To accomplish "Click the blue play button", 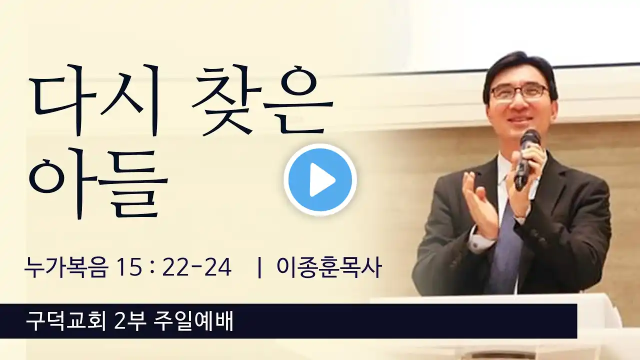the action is [320, 180].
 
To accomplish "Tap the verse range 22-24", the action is [197, 268].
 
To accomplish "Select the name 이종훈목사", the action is [329, 268].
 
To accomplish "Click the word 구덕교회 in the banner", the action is [65, 320].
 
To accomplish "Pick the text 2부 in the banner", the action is [130, 320].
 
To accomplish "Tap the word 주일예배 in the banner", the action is [193, 320].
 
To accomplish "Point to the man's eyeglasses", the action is [518, 92].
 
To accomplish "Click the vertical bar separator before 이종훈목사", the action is [259, 268].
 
